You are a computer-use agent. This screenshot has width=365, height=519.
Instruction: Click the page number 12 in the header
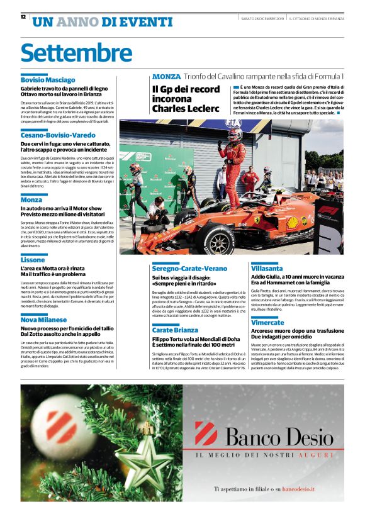(x=23, y=17)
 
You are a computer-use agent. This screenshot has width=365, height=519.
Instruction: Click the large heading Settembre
(x=76, y=53)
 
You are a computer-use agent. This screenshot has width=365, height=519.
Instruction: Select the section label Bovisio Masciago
(x=48, y=81)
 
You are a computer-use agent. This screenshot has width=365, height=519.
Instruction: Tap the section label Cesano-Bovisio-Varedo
(x=58, y=135)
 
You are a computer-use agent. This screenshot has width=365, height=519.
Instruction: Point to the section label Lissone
(x=33, y=259)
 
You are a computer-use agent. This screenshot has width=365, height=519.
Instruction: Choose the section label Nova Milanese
(x=43, y=320)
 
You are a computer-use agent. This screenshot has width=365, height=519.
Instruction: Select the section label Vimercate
(x=267, y=321)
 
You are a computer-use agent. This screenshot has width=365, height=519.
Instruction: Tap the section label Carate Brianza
(x=175, y=330)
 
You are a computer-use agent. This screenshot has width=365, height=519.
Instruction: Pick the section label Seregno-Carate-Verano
(x=189, y=268)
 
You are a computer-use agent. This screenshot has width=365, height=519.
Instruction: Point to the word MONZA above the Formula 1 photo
(x=166, y=76)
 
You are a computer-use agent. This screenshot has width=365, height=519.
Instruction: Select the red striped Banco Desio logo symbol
(x=206, y=434)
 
